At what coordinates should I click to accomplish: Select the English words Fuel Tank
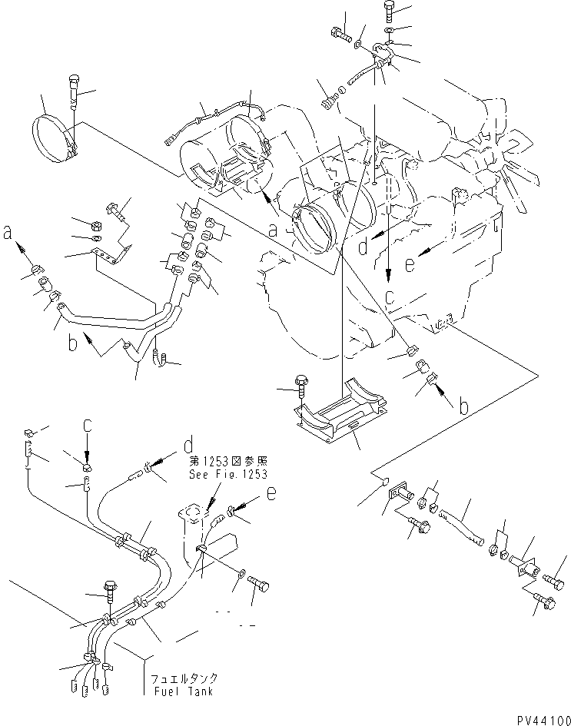click(187, 691)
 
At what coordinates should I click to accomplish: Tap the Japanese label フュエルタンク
click(187, 678)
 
